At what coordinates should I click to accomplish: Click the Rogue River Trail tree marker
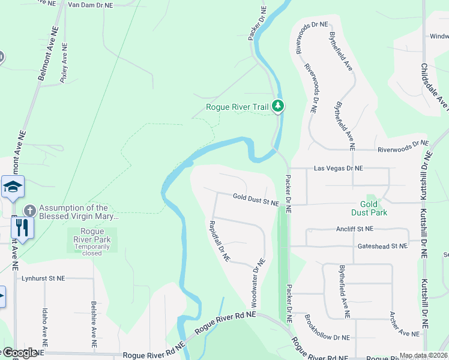tap(277, 106)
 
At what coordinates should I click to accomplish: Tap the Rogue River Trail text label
tap(237, 107)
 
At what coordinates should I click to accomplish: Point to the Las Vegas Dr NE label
tap(339, 169)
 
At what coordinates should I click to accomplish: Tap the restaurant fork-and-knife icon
tap(22, 228)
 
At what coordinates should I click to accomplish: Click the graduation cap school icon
tap(13, 188)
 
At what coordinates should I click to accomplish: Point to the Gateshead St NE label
tap(382, 246)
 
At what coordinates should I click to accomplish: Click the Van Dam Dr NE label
tap(91, 5)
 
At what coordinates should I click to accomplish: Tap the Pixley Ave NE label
tap(64, 62)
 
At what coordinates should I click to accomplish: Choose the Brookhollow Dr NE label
tap(327, 329)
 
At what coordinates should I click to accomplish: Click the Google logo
tap(20, 353)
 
